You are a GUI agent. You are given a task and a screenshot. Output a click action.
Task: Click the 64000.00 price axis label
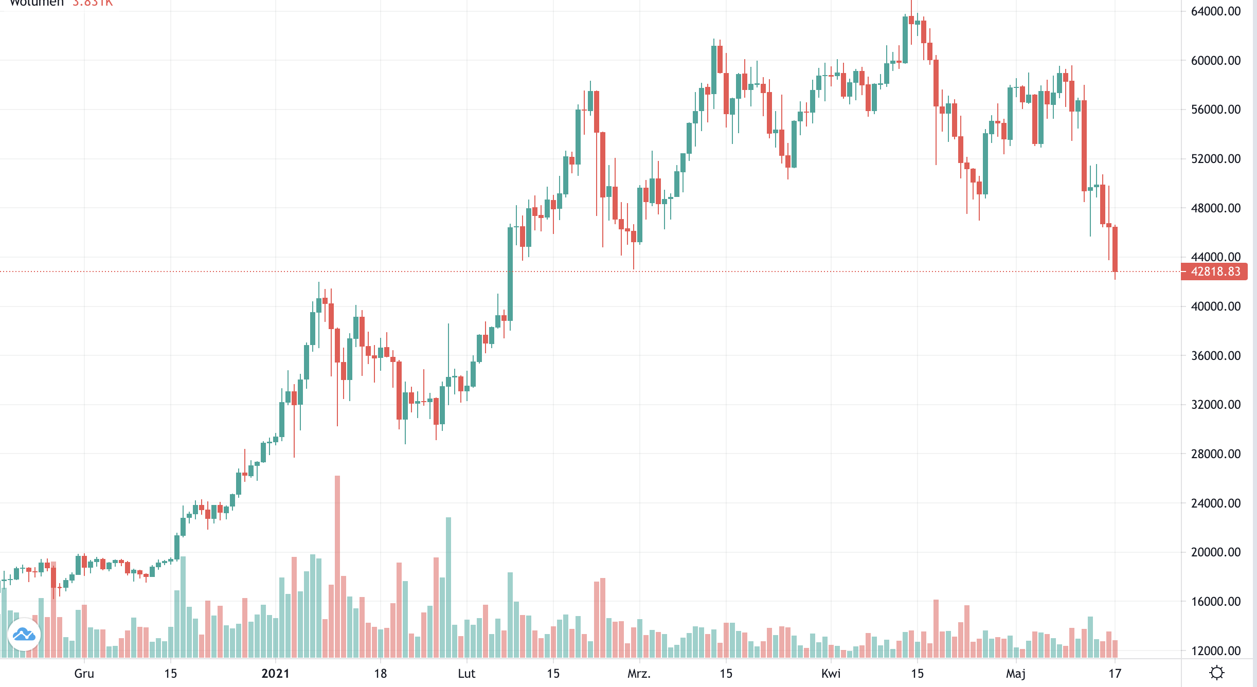1215,11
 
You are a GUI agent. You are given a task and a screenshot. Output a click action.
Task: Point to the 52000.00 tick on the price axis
1215,159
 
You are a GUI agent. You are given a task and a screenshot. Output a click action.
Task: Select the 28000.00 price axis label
1215,454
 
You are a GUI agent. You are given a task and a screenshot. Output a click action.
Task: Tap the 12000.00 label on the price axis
1215,651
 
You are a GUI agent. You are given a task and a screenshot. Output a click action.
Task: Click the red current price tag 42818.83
1215,272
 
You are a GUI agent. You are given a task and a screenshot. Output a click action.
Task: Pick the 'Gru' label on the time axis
84,674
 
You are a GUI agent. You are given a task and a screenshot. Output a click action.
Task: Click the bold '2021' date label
275,674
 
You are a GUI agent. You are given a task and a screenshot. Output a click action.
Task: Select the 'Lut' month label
466,674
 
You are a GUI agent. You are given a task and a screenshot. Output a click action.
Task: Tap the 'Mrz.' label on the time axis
639,674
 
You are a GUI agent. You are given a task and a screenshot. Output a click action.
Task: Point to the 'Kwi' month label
831,674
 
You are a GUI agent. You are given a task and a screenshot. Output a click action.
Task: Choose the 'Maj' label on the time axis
1016,674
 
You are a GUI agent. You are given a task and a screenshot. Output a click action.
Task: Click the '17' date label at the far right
1115,674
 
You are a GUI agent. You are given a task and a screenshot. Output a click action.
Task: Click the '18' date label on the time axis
380,674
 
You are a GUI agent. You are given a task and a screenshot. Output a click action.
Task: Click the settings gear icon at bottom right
1217,673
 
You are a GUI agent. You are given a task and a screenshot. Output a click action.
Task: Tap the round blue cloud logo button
24,635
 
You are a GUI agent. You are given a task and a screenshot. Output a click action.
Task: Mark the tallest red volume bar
337,566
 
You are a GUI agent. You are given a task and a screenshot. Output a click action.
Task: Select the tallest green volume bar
448,586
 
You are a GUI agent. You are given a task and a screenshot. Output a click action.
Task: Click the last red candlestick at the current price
1115,249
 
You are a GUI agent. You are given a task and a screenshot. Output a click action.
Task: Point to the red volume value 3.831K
93,3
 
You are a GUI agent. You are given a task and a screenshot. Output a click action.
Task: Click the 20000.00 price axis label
1215,552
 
